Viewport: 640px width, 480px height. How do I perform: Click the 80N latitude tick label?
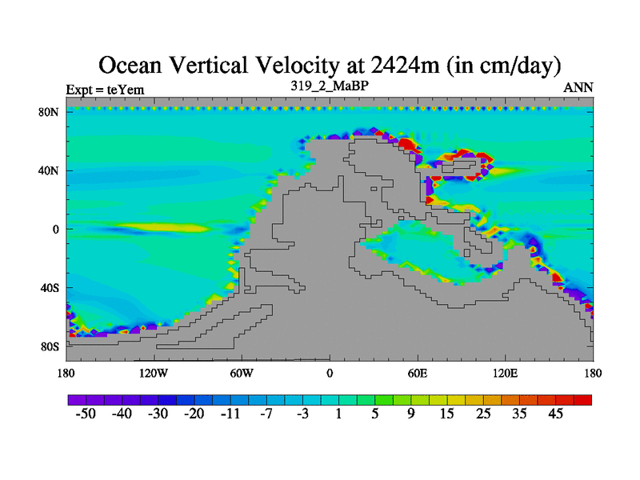coord(50,112)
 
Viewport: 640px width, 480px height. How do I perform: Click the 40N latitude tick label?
coord(50,170)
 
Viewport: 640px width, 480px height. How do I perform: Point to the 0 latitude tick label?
coord(56,229)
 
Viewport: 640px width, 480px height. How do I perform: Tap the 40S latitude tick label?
coord(50,288)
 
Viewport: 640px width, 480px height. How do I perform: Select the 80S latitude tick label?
coord(50,346)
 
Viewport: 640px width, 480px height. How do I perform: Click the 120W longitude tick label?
coord(154,373)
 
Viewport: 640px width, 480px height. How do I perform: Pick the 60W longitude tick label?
coord(242,373)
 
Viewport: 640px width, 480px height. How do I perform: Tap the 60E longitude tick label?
coord(418,373)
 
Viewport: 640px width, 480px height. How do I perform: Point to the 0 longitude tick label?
coord(330,373)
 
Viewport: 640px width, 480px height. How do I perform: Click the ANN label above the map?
coord(578,88)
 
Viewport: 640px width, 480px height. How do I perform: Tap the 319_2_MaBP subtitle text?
coord(330,85)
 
